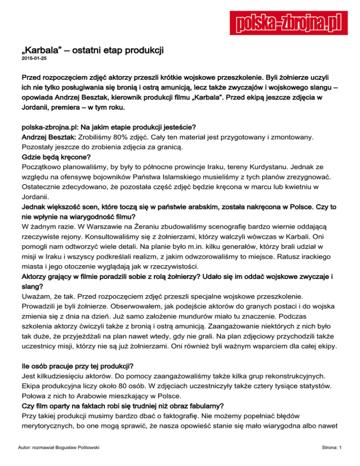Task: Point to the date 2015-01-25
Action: [34, 59]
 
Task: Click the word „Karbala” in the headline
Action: [40, 49]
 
